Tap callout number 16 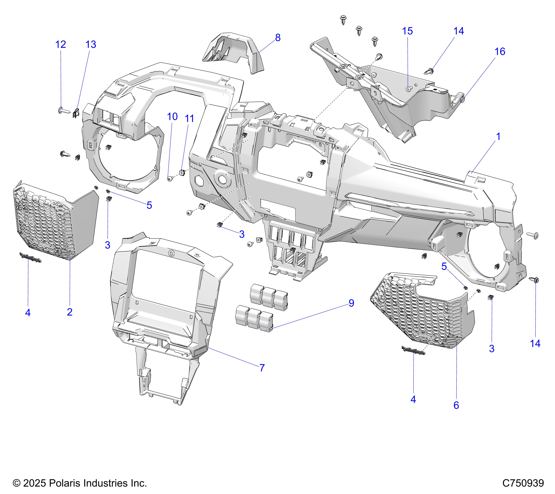500,52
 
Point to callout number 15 407,31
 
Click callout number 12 61,45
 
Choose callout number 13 91,45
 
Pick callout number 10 172,117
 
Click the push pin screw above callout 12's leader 64,110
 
